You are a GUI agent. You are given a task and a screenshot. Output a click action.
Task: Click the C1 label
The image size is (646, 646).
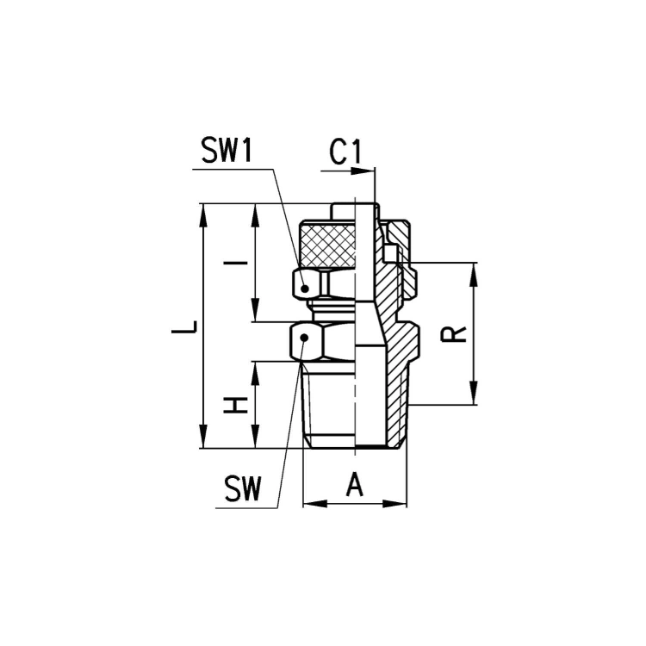tap(345, 152)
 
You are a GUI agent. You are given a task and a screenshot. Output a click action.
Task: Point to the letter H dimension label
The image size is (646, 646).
tap(235, 406)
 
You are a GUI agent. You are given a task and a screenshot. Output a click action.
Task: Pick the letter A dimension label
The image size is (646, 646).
tap(355, 485)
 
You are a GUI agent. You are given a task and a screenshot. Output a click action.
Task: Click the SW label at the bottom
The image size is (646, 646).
tap(243, 488)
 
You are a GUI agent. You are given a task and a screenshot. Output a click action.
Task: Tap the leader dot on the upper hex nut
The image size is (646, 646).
tap(304, 289)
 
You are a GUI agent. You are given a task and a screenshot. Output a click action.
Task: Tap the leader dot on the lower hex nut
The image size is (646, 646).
tap(304, 338)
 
